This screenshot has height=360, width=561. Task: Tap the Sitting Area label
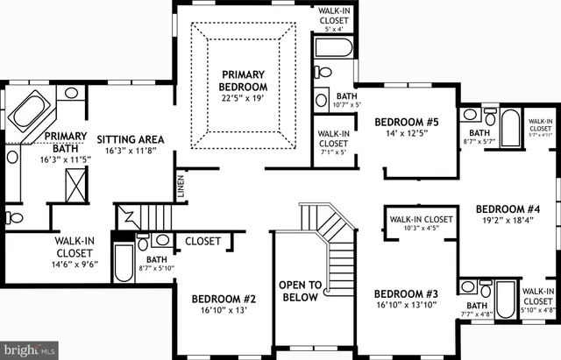click(130, 138)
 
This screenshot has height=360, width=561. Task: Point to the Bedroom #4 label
click(508, 209)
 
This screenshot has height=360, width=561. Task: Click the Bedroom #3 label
click(405, 293)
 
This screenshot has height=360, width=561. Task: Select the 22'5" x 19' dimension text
click(242, 98)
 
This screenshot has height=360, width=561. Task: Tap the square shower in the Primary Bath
click(75, 185)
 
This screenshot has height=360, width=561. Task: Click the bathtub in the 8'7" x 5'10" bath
click(123, 262)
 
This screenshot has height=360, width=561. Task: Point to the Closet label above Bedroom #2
click(204, 241)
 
